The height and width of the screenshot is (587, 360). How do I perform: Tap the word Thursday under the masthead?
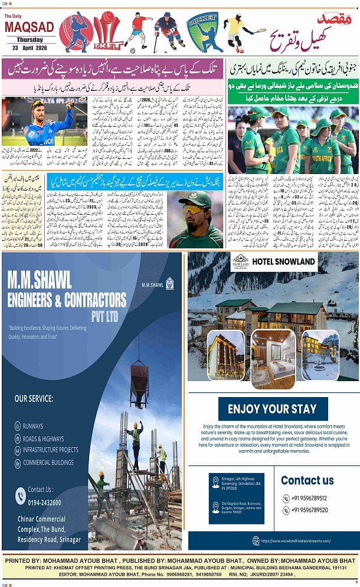(x=30, y=40)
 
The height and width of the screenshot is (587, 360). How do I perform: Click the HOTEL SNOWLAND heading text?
(x=283, y=261)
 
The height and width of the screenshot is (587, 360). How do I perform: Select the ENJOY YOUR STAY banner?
(x=272, y=409)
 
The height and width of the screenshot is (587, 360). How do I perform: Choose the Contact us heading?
(x=307, y=480)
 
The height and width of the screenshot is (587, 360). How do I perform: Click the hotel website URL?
(x=295, y=540)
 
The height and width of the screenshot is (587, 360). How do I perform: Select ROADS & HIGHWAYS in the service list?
(x=43, y=438)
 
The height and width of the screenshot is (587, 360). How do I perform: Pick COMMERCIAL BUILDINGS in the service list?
(x=48, y=463)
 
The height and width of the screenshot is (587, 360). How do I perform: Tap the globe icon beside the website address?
(x=256, y=540)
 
